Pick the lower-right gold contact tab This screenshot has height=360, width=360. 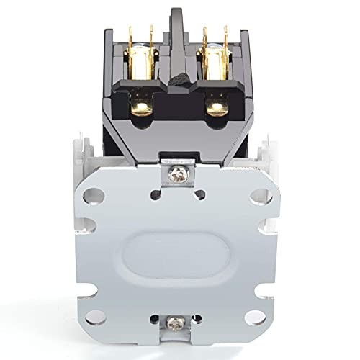216,107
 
